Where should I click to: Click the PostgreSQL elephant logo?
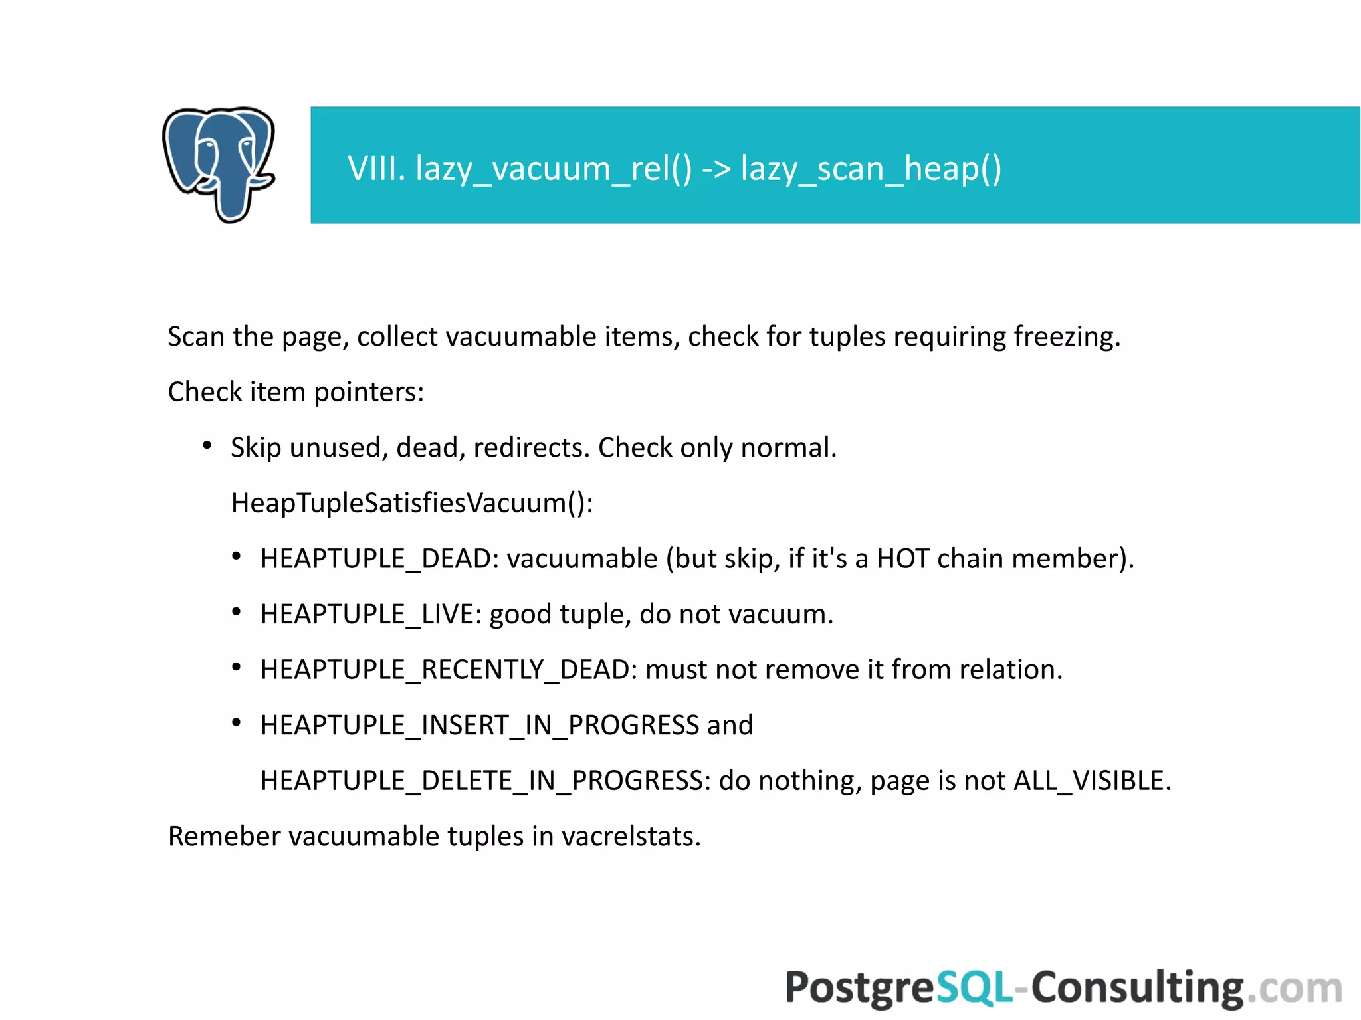coord(219,164)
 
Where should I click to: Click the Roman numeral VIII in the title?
coord(376,168)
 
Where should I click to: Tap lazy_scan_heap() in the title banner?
coord(871,168)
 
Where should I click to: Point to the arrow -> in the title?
coord(716,168)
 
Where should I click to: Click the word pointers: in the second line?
coord(369,392)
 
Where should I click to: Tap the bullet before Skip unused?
coord(207,446)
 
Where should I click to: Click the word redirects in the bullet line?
coord(531,448)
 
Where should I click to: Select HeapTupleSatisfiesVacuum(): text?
coord(412,503)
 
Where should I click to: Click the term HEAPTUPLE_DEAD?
coord(379,559)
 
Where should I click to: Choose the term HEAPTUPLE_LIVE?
coord(371,615)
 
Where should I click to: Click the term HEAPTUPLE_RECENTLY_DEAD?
coord(449,670)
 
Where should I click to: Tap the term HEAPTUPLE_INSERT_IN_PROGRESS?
coord(479,726)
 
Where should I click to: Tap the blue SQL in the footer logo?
coord(974,987)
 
